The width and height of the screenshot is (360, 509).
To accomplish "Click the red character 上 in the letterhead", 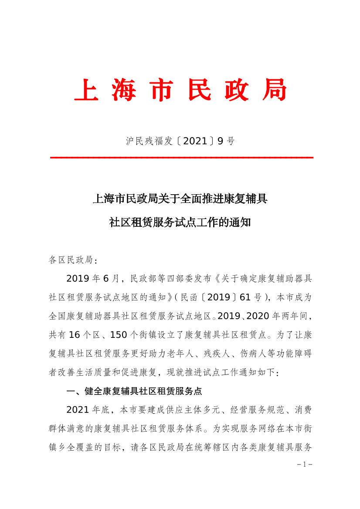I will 86,90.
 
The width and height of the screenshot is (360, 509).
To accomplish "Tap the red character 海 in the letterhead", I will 124,90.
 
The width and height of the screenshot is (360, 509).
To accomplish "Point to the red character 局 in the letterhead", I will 274,90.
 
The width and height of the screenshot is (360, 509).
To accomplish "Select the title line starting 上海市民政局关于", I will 180,199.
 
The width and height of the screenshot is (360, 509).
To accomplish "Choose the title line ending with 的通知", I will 180,222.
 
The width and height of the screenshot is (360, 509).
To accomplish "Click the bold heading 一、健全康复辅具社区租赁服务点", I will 134,391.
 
